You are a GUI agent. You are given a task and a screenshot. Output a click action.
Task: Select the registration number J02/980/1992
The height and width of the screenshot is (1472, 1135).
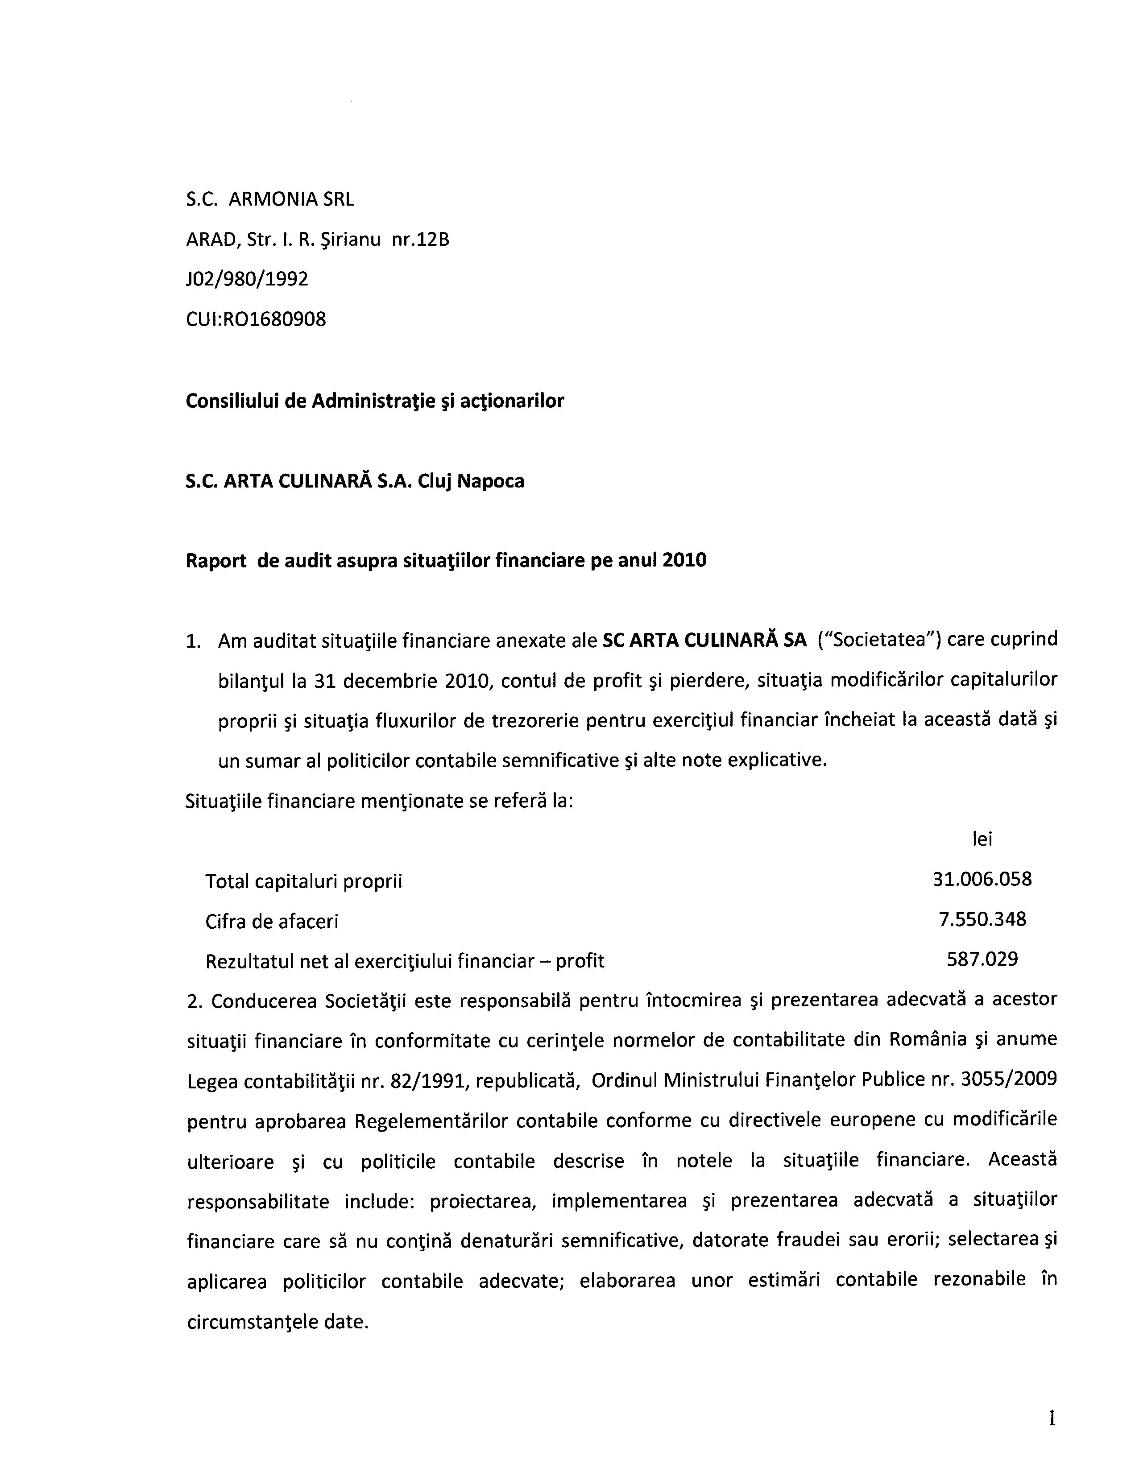(x=247, y=279)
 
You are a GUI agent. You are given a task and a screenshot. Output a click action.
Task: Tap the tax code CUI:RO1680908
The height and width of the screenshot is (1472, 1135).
(x=256, y=319)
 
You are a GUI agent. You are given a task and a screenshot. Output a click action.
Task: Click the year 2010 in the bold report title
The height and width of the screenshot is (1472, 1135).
(x=685, y=560)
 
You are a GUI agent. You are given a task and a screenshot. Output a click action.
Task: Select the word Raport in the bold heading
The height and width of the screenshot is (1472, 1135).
(x=215, y=561)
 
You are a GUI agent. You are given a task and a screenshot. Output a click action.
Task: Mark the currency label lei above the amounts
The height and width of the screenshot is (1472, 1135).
(x=982, y=839)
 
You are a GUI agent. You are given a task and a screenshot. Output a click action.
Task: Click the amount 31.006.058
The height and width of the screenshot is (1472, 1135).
(x=982, y=879)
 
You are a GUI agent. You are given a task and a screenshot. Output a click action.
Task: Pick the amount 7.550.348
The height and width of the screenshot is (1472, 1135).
(x=982, y=919)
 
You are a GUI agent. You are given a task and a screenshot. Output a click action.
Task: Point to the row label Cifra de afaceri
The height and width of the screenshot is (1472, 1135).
(x=272, y=922)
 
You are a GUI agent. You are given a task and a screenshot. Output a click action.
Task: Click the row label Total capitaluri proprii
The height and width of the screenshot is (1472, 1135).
(x=303, y=881)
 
